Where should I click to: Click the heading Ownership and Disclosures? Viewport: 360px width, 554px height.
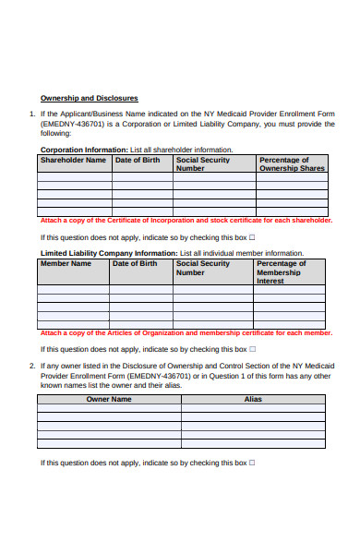[x=89, y=98]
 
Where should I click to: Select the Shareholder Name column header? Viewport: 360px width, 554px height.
[x=73, y=160]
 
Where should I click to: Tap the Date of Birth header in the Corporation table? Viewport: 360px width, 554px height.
[x=137, y=160]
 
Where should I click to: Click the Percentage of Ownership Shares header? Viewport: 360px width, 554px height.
[x=292, y=164]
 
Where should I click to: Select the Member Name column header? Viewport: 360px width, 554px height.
[x=66, y=263]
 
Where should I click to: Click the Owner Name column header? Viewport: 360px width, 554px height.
[x=109, y=399]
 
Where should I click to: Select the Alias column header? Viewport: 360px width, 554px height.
[x=253, y=399]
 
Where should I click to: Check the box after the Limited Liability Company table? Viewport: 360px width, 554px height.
[x=253, y=349]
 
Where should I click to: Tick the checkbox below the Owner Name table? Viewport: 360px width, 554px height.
[x=253, y=462]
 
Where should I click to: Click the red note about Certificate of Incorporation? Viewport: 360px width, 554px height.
[x=186, y=221]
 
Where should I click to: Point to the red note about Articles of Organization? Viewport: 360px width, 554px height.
[x=186, y=332]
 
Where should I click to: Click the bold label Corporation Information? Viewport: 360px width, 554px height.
[x=84, y=149]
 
